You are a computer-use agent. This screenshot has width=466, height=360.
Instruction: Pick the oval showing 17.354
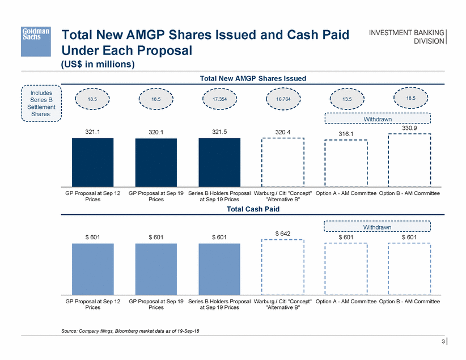pos(219,98)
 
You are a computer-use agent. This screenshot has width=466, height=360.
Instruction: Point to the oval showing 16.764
pos(283,98)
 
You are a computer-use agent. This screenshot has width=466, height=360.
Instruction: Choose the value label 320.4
pos(283,132)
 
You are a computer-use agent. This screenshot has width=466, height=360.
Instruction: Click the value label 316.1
pos(346,134)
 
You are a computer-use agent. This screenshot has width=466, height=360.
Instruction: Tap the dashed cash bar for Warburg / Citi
pos(283,268)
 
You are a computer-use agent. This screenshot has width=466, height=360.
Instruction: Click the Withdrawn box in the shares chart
pos(378,119)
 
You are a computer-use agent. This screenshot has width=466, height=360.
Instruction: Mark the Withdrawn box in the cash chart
pos(378,227)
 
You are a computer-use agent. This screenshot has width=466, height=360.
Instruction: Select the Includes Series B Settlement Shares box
pos(40,103)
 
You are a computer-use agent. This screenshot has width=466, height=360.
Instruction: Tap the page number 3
pos(442,341)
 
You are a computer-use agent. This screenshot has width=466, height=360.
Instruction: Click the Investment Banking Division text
pos(407,36)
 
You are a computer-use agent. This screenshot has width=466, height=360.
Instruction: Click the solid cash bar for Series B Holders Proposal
pos(219,269)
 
